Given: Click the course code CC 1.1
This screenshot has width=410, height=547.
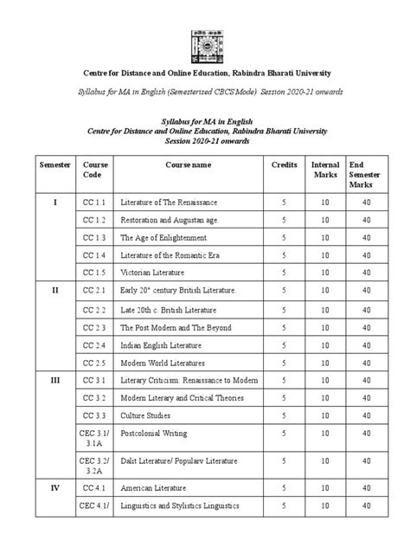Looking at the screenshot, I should tap(95, 201).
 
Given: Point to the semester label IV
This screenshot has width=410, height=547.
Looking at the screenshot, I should tap(54, 487).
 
